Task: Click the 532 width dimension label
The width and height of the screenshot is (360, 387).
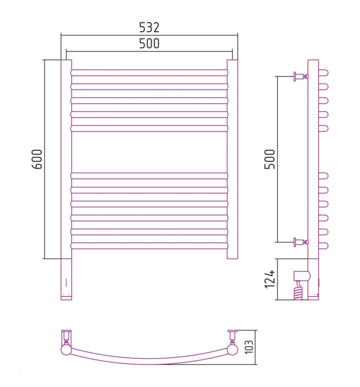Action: (x=149, y=27)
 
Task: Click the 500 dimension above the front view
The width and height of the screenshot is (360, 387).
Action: (x=149, y=44)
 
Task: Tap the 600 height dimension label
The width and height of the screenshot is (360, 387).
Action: (x=37, y=159)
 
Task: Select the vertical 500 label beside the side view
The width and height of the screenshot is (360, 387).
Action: (x=269, y=159)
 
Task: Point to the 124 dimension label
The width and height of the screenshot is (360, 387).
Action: (x=269, y=279)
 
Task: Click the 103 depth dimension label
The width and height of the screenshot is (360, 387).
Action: (x=249, y=347)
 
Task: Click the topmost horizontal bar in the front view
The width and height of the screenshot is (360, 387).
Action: (x=149, y=73)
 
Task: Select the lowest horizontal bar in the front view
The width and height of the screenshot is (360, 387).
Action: (x=149, y=246)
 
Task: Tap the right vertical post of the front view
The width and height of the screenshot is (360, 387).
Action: (x=232, y=159)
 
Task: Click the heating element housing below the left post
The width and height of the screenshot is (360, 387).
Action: (x=66, y=279)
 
